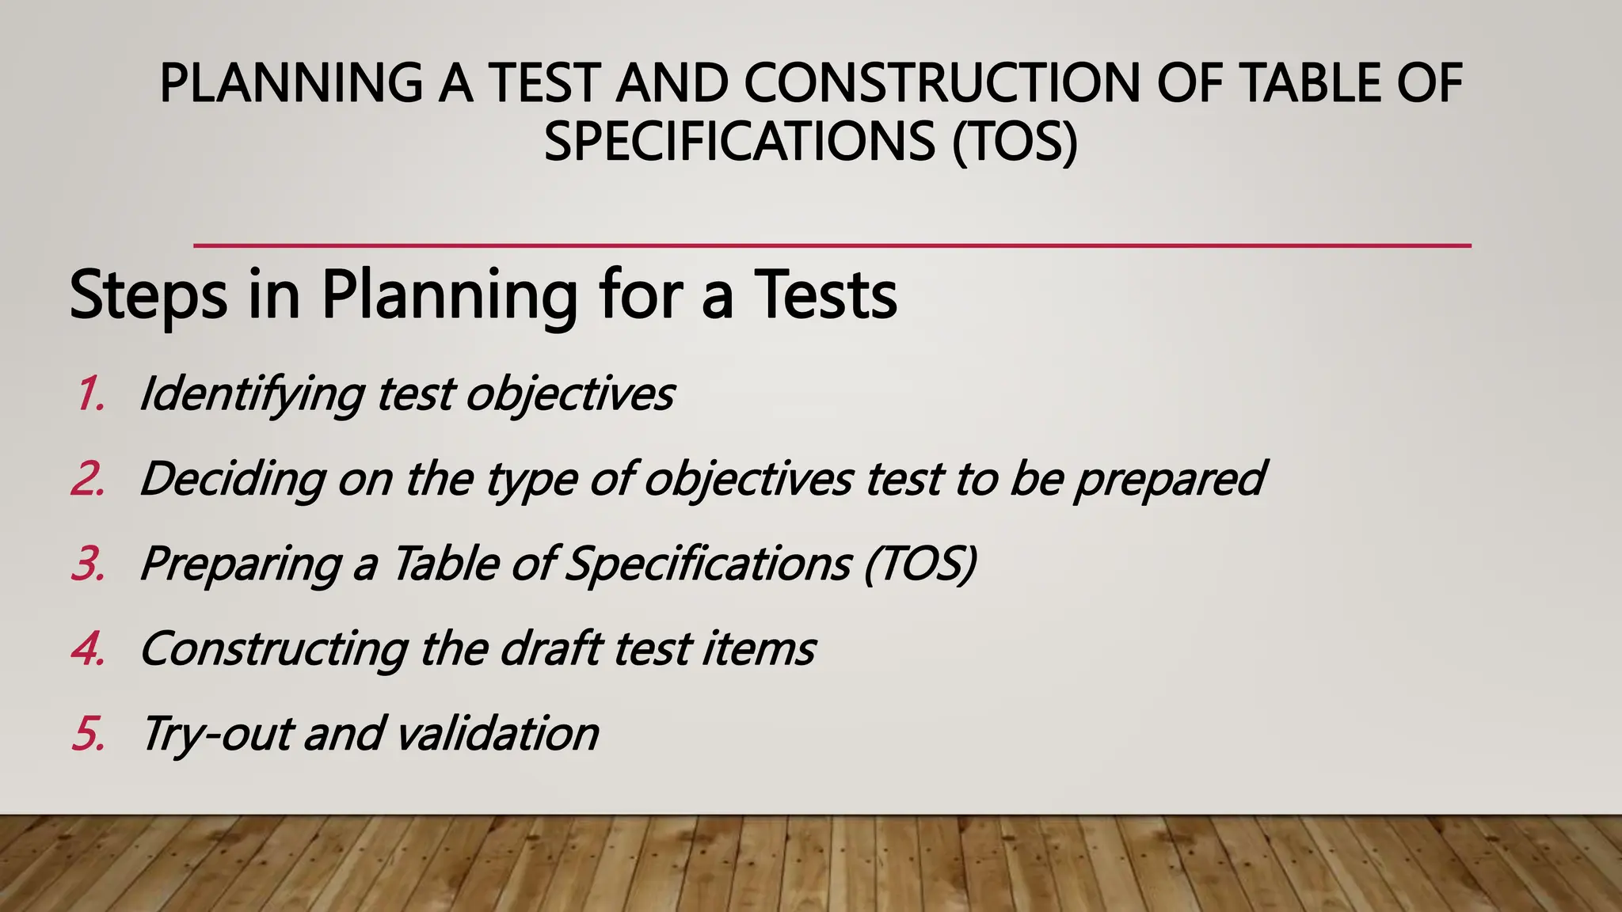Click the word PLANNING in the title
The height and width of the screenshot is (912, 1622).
coord(291,83)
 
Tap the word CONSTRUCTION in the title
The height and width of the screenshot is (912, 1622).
coord(942,83)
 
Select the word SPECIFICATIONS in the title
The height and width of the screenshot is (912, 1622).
coord(739,142)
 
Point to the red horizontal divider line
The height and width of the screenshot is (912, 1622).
coord(832,246)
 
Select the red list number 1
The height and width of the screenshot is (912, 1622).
coord(90,393)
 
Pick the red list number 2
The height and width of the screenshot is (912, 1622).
coord(89,479)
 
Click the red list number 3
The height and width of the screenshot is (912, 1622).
coord(89,564)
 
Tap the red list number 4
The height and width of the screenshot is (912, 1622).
coord(89,648)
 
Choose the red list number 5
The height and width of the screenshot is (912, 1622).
coord(89,733)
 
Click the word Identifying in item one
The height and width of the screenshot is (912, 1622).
coord(252,393)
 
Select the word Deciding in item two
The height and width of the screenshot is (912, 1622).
coord(232,479)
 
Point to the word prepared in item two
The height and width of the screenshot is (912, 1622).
coord(1169,479)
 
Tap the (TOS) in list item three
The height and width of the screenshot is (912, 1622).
coord(920,564)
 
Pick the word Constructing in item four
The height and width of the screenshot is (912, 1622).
coord(273,648)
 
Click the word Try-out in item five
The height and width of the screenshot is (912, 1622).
coord(218,733)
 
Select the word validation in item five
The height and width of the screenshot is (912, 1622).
coord(497,733)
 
